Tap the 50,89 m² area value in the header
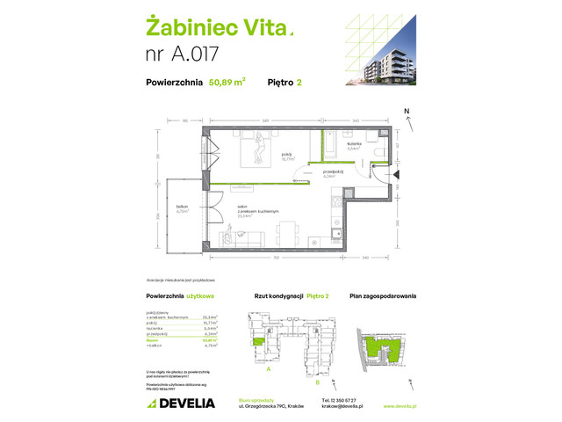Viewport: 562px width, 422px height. click(227, 84)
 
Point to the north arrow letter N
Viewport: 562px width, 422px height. click(406, 112)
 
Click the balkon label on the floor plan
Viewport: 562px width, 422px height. click(183, 207)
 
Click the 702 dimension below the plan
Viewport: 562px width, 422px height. click(276, 258)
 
